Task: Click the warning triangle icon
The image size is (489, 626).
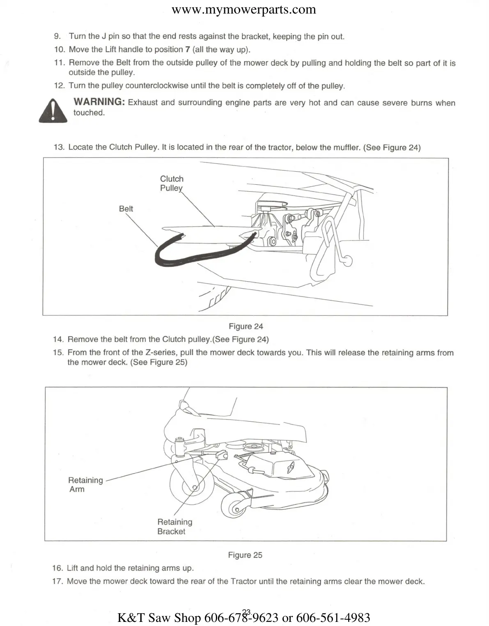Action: (53, 111)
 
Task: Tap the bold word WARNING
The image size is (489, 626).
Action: (99, 102)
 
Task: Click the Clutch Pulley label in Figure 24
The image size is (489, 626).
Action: (172, 183)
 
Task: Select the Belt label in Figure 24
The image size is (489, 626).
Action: (126, 209)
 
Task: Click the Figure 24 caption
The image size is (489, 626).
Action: (246, 326)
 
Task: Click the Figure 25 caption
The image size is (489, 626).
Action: (245, 555)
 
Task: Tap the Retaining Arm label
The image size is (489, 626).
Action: (85, 484)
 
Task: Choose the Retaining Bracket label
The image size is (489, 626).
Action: (174, 527)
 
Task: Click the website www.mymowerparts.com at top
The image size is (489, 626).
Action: (244, 9)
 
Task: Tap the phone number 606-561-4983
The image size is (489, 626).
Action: (333, 617)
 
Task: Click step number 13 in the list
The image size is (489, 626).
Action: (59, 147)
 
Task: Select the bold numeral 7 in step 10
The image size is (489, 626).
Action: (188, 50)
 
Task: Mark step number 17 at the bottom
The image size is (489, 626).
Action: (57, 581)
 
